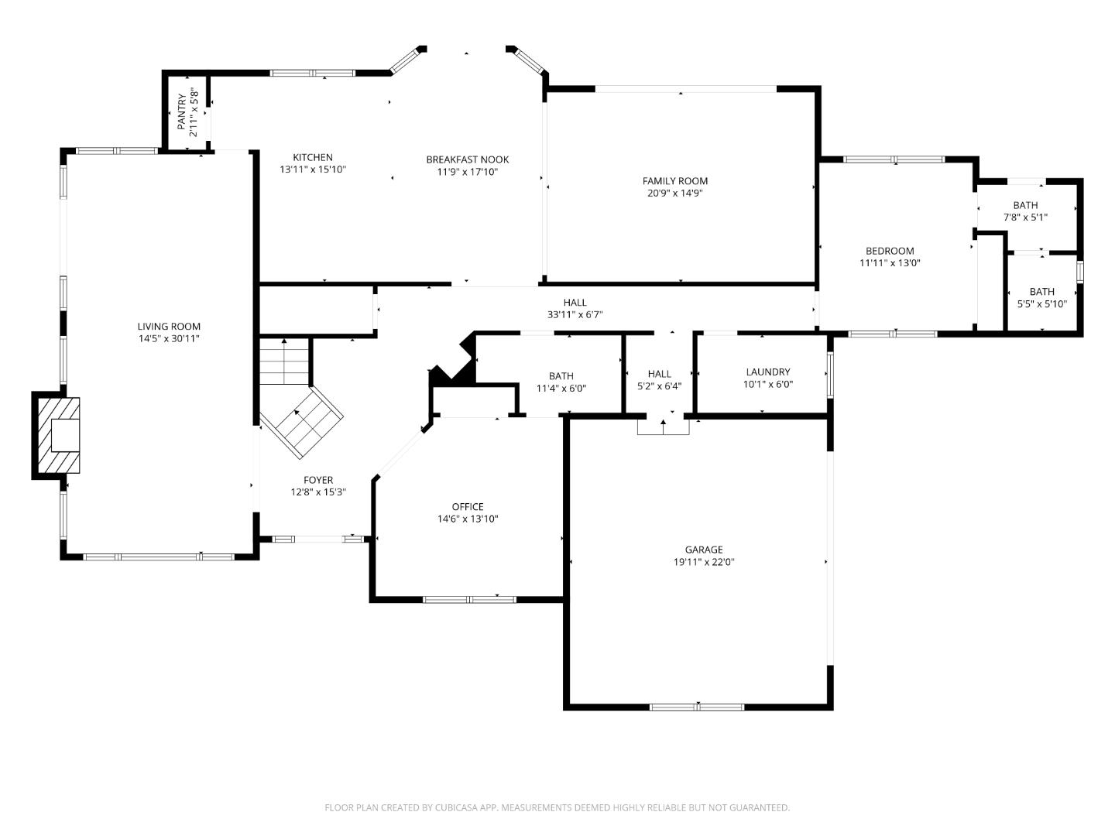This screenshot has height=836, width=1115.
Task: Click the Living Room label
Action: click(169, 327)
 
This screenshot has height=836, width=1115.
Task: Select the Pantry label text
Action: click(182, 111)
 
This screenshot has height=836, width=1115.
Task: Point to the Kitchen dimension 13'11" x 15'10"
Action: click(313, 169)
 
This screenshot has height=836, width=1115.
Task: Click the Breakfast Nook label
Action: click(467, 159)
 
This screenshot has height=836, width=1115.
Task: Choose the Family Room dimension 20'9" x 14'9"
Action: click(674, 194)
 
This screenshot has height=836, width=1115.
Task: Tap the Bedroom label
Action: click(890, 251)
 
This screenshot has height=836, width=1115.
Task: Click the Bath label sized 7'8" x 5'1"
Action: click(1025, 205)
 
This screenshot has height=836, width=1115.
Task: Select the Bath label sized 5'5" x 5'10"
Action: click(1041, 292)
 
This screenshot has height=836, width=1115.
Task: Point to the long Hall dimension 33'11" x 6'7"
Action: click(575, 315)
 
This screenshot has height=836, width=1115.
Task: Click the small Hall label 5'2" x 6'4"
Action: click(660, 374)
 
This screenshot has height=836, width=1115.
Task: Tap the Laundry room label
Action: click(767, 372)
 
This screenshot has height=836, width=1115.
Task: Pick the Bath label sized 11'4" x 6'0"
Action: click(561, 377)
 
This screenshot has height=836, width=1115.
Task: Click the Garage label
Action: click(703, 550)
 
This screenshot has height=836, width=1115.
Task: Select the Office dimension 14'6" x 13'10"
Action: click(467, 519)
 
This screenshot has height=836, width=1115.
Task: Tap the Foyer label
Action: click(317, 480)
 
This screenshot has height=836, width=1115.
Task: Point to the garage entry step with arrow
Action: click(663, 426)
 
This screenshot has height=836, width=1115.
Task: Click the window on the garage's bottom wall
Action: click(697, 706)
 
